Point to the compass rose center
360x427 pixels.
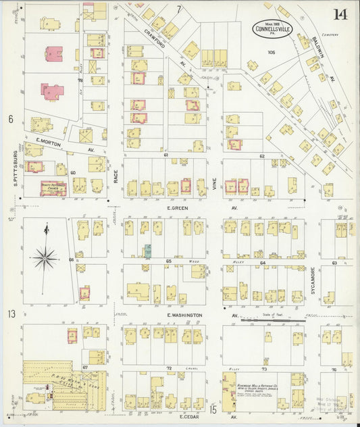click(x=45, y=257)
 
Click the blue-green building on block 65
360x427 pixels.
click(x=147, y=251)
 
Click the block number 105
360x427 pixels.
click(x=271, y=52)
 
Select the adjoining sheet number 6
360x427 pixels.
click(x=11, y=119)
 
